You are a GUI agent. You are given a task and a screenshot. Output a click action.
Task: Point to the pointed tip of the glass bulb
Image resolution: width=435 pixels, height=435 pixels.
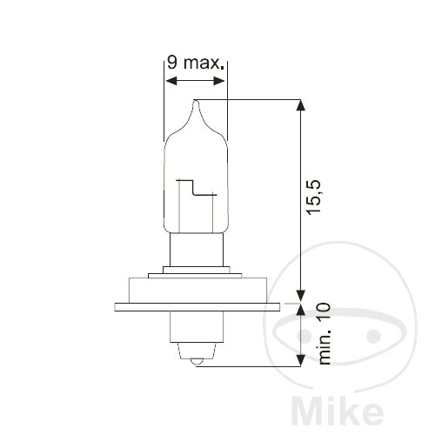click(197, 103)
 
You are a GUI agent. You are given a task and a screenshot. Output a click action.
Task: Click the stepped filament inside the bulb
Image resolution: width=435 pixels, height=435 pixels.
click(196, 189)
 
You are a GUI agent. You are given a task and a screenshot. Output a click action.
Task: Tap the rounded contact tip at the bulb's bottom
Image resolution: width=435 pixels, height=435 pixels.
click(197, 358)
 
